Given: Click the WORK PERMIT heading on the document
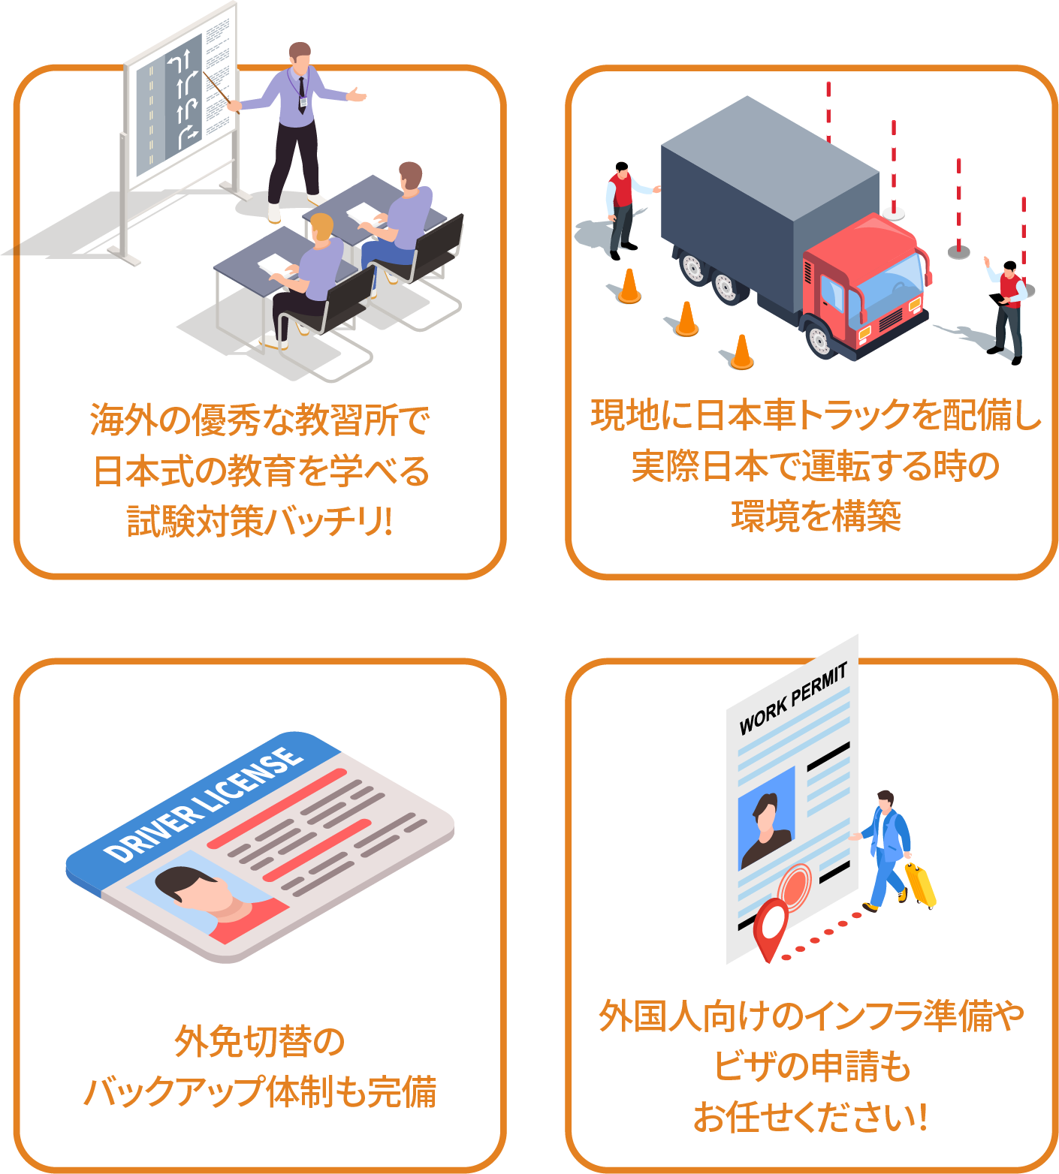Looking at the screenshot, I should [793, 698].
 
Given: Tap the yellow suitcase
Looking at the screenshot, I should [920, 884].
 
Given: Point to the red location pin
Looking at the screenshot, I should [770, 927].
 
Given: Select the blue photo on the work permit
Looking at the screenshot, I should [766, 818].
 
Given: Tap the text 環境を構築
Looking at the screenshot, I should [816, 516].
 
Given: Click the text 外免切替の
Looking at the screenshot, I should [259, 1041].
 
